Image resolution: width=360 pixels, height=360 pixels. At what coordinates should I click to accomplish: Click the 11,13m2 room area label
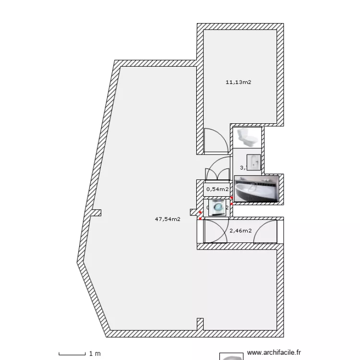tap(239, 82)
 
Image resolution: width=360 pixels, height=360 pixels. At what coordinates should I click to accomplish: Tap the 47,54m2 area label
tap(168, 219)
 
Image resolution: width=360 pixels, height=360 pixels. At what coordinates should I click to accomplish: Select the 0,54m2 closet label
tap(217, 189)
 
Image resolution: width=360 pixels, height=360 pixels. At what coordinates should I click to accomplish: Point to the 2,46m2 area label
tap(240, 231)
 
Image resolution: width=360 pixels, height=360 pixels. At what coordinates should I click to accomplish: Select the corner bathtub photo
tap(257, 189)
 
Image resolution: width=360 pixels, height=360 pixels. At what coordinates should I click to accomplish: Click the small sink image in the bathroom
tap(253, 162)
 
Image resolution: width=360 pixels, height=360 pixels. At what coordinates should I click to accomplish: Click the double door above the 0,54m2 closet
tap(217, 170)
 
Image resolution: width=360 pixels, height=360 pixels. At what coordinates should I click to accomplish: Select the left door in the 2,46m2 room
tap(216, 231)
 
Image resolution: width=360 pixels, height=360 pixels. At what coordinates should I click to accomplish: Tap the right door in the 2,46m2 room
tap(265, 231)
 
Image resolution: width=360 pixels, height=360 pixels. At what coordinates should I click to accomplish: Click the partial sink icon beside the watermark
tap(231, 357)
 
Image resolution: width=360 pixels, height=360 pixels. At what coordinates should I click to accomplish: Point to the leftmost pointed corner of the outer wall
tap(78, 262)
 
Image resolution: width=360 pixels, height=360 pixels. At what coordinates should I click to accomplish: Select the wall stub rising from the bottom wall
tap(200, 324)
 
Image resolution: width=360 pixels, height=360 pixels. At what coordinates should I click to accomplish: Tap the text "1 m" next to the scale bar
tap(95, 354)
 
